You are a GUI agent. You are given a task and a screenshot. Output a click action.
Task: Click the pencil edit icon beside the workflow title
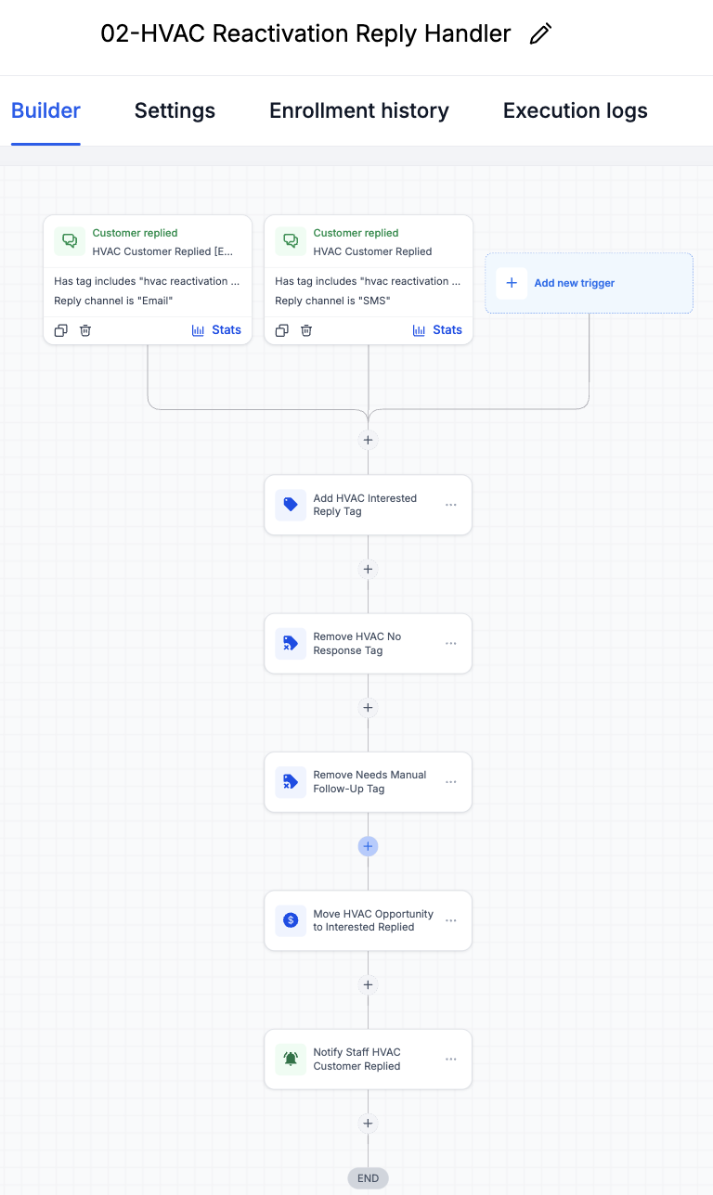[x=540, y=34]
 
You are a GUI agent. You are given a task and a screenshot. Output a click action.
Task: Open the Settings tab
[x=175, y=111]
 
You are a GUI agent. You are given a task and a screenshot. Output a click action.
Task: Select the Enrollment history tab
[x=359, y=111]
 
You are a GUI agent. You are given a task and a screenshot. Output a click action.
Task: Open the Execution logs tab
[x=576, y=111]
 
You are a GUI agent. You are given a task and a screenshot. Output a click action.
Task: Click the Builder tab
[x=45, y=111]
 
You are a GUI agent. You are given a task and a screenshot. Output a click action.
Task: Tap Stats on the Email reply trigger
[x=216, y=330]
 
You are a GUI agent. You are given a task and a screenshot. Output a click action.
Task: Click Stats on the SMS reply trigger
[x=437, y=330]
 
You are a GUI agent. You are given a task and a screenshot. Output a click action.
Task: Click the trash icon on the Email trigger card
[x=85, y=330]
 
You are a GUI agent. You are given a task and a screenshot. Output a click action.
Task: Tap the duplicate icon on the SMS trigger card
[x=282, y=330]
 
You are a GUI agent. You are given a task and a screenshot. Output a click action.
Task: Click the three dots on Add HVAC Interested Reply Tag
[x=451, y=505]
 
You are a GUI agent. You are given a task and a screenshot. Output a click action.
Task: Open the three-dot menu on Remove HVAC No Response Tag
[x=451, y=643]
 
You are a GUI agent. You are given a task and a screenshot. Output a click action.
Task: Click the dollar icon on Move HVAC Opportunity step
[x=291, y=920]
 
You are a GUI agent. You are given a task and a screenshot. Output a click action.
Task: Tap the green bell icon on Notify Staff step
[x=291, y=1059]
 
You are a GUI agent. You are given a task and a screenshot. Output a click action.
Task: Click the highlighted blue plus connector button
[x=368, y=846]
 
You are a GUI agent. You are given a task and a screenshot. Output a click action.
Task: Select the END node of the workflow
[x=368, y=1178]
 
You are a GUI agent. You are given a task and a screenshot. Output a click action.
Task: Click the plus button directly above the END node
[x=368, y=1124]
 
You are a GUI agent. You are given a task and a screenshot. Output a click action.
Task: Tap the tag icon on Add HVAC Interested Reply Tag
[x=291, y=505]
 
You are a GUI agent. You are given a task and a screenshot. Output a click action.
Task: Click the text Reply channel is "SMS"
[x=332, y=301]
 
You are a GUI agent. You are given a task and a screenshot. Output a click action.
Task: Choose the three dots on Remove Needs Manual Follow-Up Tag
[x=451, y=782]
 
